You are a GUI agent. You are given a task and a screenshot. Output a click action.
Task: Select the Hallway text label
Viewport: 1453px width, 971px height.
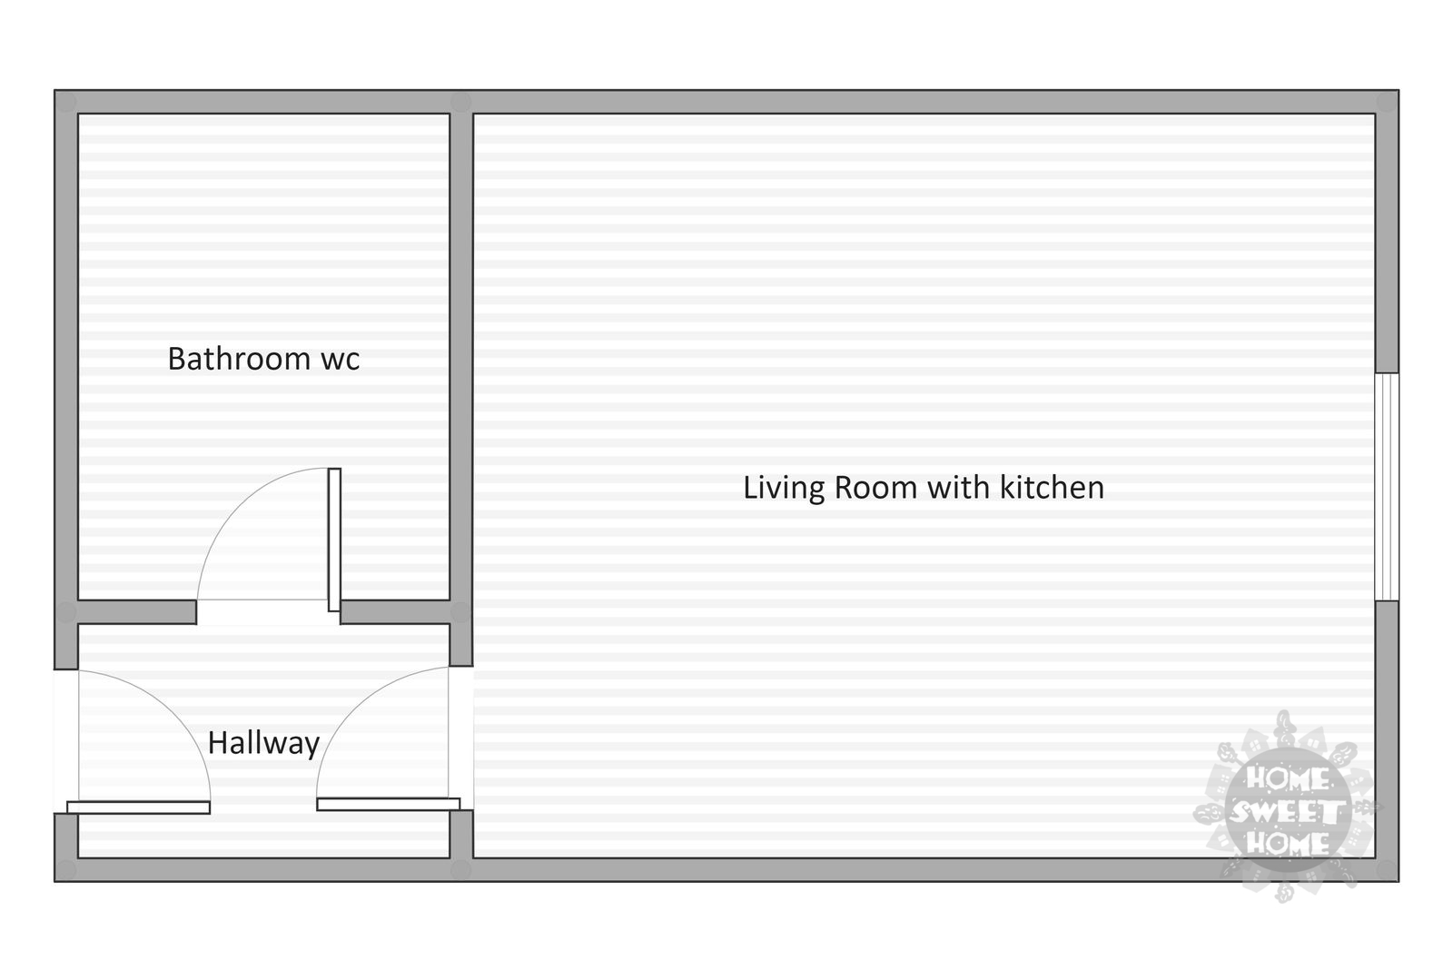(x=263, y=743)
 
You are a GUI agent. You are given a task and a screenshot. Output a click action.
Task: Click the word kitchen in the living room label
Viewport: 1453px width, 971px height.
(x=1053, y=487)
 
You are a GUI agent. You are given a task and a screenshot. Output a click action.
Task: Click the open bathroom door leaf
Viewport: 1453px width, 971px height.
(x=334, y=540)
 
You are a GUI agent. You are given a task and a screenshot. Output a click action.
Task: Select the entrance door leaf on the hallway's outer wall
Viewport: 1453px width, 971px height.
(x=138, y=808)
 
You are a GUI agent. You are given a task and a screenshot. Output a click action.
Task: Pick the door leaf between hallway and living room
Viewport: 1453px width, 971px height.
(x=389, y=804)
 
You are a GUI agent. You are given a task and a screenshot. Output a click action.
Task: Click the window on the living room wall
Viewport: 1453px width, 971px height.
(x=1386, y=487)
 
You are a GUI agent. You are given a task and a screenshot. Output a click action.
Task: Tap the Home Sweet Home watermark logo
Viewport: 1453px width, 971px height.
(x=1287, y=808)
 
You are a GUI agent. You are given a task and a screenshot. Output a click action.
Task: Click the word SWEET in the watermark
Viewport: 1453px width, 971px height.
(x=1287, y=811)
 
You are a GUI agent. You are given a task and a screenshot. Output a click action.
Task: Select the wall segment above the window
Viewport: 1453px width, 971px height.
(x=1387, y=233)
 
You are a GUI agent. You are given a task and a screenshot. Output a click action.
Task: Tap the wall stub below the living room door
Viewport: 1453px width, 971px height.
(x=461, y=834)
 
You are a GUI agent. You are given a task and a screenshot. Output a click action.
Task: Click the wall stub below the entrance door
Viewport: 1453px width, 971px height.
(x=66, y=836)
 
